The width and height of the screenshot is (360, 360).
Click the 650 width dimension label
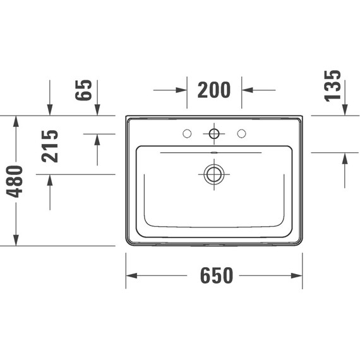click(217, 275)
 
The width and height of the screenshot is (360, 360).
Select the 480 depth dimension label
click(15, 181)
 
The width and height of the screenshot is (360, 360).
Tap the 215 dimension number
click(50, 146)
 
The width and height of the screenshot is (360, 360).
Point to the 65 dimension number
click(86, 90)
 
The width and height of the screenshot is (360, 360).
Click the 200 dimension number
click(214, 90)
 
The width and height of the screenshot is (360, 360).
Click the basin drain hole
click(214, 174)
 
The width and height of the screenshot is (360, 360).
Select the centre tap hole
click(214, 133)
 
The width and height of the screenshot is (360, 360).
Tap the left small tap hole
click(186, 133)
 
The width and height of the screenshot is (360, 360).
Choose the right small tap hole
click(241, 133)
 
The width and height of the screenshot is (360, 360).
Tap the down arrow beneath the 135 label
click(345, 111)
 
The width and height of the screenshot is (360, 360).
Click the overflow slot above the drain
click(214, 153)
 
